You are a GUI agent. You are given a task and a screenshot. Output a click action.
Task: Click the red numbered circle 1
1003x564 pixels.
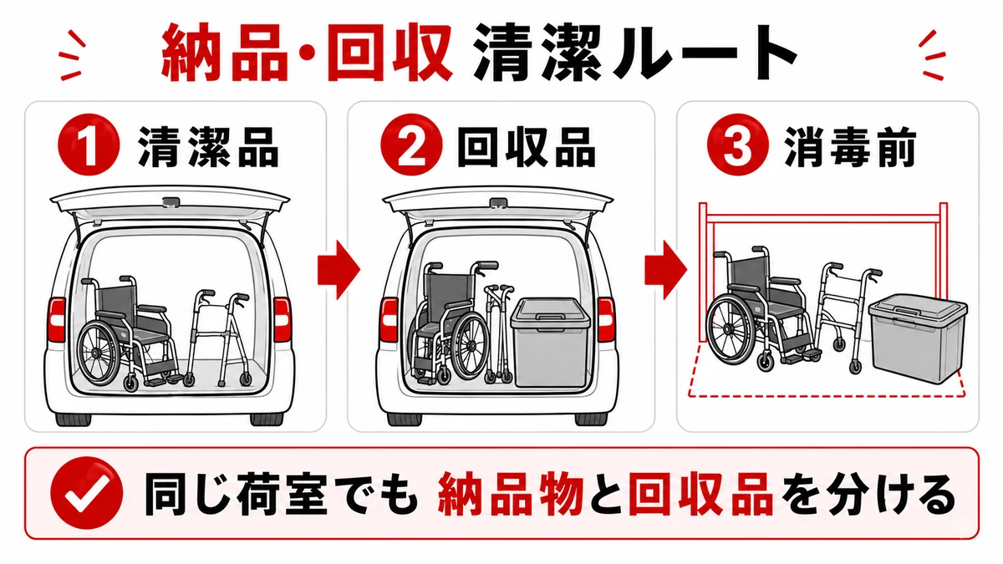click(89, 145)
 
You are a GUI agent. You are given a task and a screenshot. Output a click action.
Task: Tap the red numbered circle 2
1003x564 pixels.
click(411, 145)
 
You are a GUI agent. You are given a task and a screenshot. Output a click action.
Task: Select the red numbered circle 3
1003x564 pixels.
click(738, 145)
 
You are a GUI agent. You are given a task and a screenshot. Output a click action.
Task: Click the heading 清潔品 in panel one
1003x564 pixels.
click(208, 147)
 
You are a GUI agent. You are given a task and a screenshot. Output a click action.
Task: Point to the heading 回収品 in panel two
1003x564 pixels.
click(527, 147)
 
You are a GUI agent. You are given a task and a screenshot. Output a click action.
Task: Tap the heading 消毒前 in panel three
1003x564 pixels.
click(850, 147)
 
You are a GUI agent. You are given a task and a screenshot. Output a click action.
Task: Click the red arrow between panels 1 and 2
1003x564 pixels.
click(339, 271)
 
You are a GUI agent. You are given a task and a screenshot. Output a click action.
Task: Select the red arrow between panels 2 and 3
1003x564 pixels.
click(666, 271)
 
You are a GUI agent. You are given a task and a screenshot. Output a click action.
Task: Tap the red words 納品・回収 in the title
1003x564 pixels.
click(306, 53)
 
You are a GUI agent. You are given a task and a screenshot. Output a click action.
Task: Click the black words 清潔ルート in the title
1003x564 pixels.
click(634, 53)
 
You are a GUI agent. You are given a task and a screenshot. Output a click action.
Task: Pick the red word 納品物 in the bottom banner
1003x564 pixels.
click(511, 495)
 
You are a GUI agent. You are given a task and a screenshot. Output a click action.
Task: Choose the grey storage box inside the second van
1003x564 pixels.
click(551, 343)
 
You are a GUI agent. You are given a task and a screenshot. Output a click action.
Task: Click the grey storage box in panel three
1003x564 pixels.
click(917, 338)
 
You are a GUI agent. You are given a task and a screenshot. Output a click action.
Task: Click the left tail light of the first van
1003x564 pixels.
click(57, 319)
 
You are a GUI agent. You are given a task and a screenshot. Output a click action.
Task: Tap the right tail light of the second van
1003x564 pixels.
click(606, 319)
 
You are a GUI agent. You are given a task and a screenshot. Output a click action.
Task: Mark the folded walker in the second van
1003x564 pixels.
click(499, 333)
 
